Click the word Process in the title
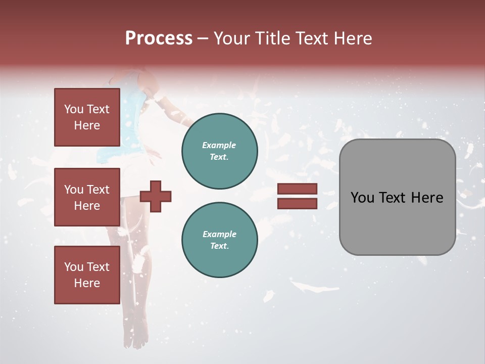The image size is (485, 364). [159, 38]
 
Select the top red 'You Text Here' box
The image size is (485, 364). [87, 117]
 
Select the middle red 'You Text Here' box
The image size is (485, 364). [87, 197]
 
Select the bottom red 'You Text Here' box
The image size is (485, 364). [87, 275]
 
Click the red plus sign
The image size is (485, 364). [156, 196]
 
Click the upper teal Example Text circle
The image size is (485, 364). [220, 151]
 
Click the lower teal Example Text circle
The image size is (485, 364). [220, 240]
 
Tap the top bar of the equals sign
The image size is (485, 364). [298, 189]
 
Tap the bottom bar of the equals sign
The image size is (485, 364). [298, 204]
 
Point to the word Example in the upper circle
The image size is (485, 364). [219, 146]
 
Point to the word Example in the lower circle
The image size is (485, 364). [219, 235]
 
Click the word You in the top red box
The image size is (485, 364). [73, 109]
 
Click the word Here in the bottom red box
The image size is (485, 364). [87, 283]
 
